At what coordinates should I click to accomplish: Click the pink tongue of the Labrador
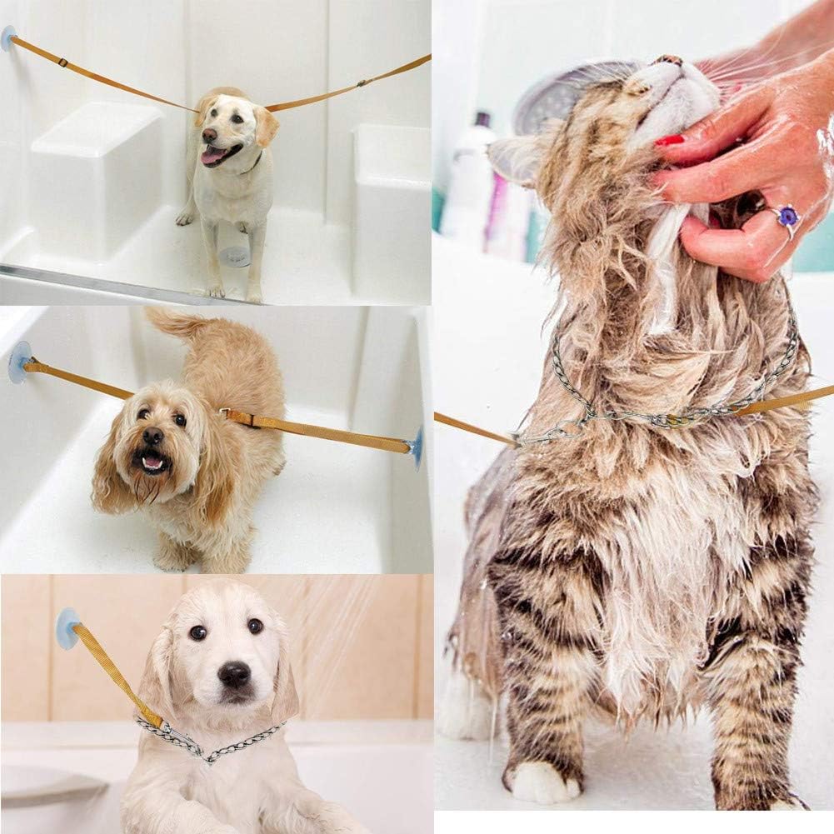(214, 155)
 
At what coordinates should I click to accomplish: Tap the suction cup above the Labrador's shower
(8, 37)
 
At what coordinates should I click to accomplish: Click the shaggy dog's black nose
(152, 435)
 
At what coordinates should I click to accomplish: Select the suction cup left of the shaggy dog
(19, 361)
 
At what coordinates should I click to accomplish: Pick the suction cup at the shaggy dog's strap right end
(416, 447)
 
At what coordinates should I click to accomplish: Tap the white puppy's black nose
(234, 673)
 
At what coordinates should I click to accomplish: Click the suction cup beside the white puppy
(67, 627)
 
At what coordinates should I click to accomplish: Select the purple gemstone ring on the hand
(787, 217)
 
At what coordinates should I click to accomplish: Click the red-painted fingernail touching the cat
(669, 141)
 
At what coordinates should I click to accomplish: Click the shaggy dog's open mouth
(152, 461)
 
